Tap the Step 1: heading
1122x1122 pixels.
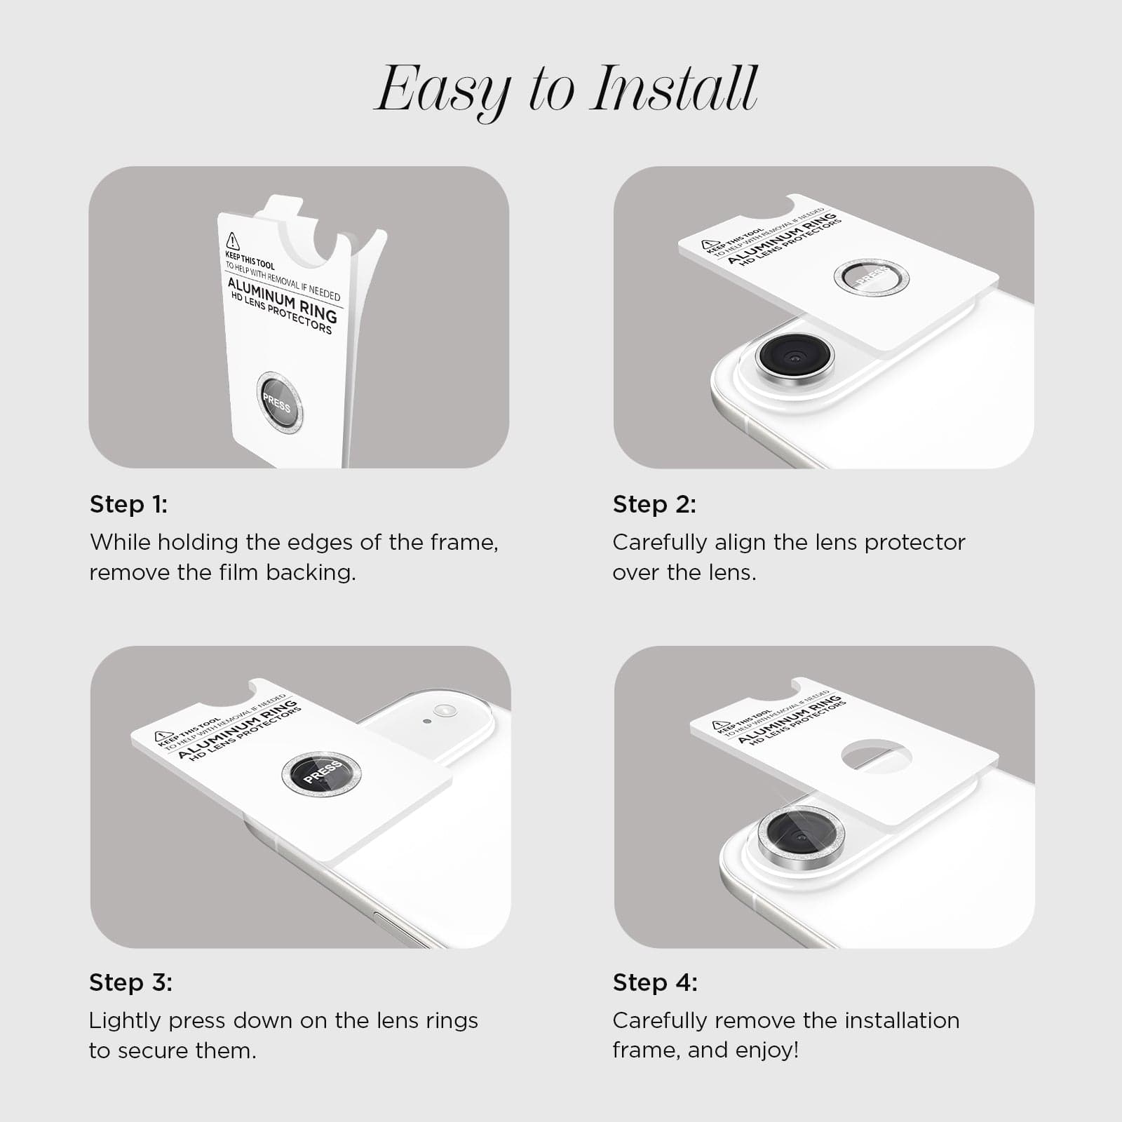[x=128, y=504]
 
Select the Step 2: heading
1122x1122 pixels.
[x=654, y=504]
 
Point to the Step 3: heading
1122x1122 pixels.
[x=130, y=982]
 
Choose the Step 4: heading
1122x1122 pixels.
[x=655, y=982]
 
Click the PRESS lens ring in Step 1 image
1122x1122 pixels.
[x=279, y=403]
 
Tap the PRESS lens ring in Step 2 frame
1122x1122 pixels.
[x=871, y=276]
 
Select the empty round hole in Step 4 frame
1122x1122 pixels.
[x=876, y=757]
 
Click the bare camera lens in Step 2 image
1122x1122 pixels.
[x=795, y=358]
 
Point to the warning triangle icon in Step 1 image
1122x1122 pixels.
[x=233, y=242]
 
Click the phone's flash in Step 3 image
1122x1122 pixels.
[x=445, y=710]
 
